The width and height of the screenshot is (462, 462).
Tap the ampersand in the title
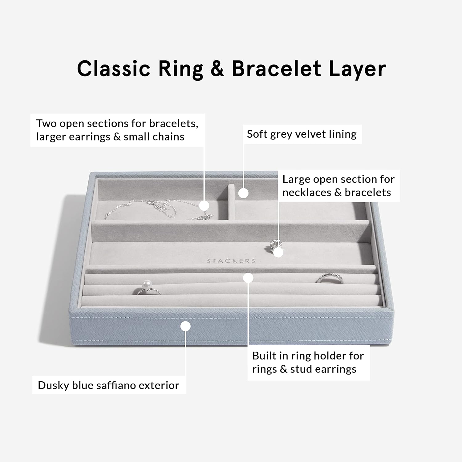click(217, 69)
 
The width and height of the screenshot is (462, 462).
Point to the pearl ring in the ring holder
click(148, 288)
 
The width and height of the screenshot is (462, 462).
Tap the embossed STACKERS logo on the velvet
click(231, 261)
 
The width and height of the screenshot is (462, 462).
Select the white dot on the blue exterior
click(185, 326)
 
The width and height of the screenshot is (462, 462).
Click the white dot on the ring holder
click(248, 278)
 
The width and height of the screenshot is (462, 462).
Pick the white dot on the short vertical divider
click(243, 193)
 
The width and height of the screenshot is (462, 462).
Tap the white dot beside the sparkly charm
click(278, 252)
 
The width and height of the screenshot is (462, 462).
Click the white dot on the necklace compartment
click(204, 205)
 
